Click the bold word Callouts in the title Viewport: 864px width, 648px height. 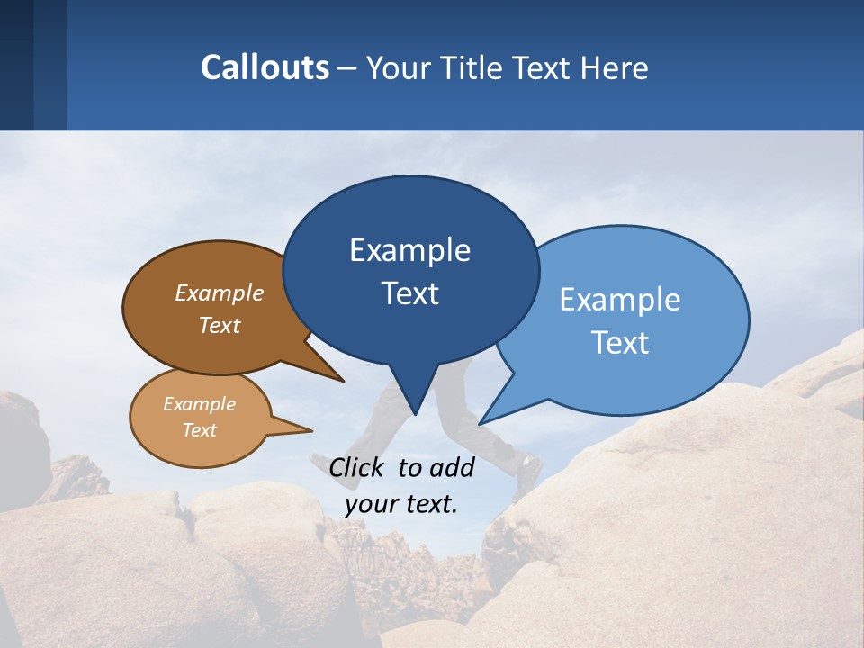pos(265,67)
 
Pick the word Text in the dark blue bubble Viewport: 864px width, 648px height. pos(409,293)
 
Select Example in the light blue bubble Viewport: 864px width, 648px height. pos(620,299)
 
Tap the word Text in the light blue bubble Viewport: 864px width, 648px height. pos(620,342)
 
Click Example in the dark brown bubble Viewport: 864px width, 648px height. pos(219,292)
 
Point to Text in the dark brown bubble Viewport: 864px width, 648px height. pos(219,325)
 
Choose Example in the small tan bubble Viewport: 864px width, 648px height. pos(199,404)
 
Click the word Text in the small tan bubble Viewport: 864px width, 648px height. pos(199,430)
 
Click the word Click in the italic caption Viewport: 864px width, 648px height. pos(358,467)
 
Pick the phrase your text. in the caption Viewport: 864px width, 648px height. pos(401,503)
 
